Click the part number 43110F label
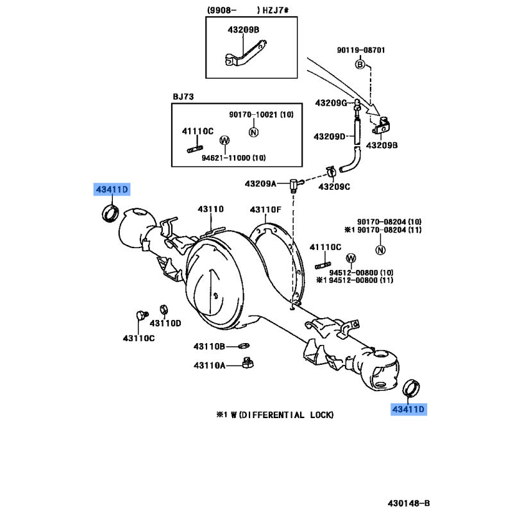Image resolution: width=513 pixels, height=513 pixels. tap(265, 210)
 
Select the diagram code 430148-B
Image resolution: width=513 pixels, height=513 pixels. tap(408, 503)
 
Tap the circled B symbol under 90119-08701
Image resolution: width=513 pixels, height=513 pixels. tap(360, 65)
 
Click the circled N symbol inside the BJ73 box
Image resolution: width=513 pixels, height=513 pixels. tap(253, 132)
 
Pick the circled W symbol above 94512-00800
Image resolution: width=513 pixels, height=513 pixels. tap(351, 258)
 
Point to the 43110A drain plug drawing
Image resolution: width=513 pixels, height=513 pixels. tap(248, 363)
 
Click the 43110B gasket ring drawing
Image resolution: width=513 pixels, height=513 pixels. tap(244, 346)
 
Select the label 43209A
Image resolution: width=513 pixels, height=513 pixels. tap(260, 184)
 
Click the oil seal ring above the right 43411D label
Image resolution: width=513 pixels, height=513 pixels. tap(411, 388)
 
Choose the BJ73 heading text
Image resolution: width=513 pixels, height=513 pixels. tap(183, 97)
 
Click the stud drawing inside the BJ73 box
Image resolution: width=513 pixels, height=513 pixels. tap(195, 149)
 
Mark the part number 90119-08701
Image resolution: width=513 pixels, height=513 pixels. tap(361, 50)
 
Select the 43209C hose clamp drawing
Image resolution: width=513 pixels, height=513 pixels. tap(332, 172)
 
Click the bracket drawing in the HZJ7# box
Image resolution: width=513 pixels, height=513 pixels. tap(246, 53)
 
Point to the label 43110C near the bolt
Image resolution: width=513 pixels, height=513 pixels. tap(139, 339)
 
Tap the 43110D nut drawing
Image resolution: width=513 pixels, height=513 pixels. tap(164, 309)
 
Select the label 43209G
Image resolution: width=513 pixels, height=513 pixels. tap(331, 103)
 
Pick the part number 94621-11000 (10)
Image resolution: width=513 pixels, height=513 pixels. tap(233, 158)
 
